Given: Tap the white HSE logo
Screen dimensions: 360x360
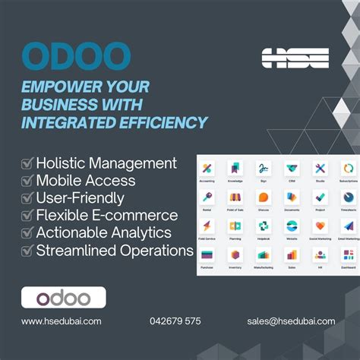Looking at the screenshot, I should [295, 58].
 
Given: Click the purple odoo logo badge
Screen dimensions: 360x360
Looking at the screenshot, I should [63, 297].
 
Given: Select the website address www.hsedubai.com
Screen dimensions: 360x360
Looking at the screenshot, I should [61, 321].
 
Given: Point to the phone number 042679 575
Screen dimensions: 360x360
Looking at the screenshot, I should [175, 321].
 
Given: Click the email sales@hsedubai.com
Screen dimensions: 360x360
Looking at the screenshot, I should [291, 321].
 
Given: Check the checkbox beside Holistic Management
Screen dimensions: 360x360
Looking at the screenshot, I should [27, 163].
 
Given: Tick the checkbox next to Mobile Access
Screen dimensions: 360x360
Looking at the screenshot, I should [27, 181].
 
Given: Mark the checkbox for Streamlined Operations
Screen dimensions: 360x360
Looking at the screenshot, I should [27, 250].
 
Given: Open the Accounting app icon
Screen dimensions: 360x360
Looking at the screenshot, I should [207, 169].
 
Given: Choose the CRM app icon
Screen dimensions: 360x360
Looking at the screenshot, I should [292, 169].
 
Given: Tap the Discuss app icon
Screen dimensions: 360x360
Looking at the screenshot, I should [264, 197].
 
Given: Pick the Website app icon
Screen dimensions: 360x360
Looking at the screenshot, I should [292, 226].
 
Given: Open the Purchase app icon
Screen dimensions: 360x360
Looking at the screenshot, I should [207, 254].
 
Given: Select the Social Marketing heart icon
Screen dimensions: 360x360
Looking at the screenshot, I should [320, 226].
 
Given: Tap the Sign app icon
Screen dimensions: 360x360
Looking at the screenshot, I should [264, 169].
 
